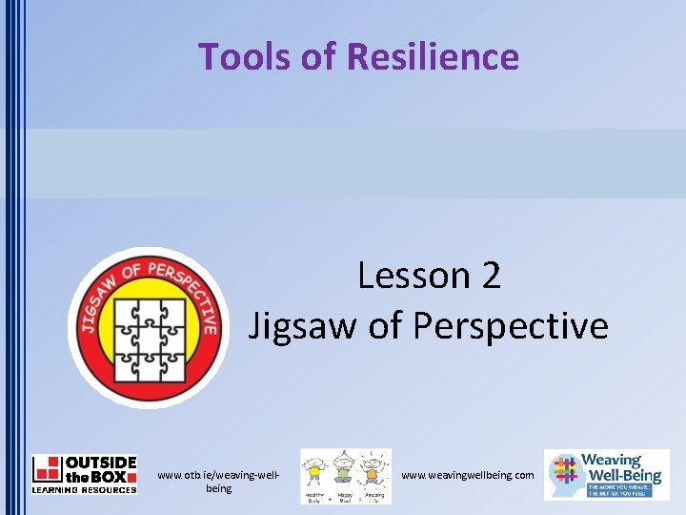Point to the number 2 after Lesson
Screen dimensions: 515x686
(x=491, y=277)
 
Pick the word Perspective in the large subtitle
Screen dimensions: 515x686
(x=511, y=326)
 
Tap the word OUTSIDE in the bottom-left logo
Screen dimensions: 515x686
(x=101, y=463)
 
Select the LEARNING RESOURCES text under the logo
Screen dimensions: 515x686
(x=84, y=489)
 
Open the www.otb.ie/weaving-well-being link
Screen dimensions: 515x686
(x=218, y=482)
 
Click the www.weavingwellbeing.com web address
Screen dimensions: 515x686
(x=468, y=475)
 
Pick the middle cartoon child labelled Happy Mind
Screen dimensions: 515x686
(x=345, y=472)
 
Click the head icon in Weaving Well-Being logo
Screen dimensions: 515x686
(x=564, y=474)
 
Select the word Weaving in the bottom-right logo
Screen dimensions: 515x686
(x=612, y=461)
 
